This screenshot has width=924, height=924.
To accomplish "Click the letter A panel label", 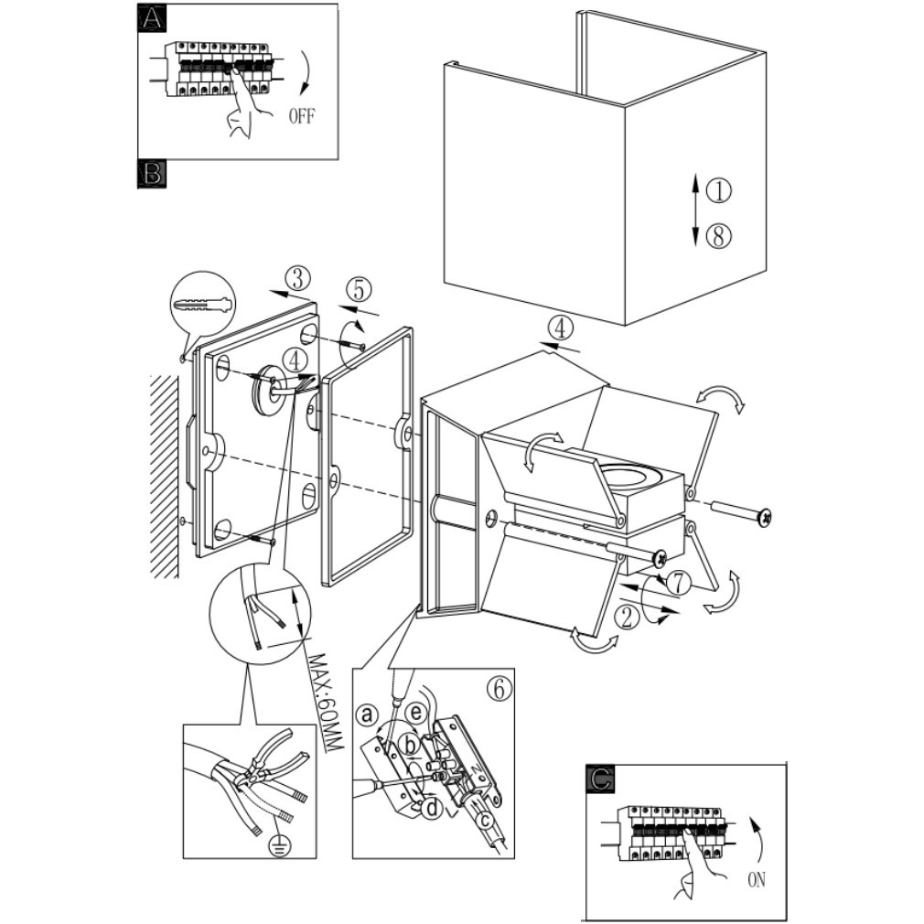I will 151,17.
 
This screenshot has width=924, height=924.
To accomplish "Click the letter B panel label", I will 151,173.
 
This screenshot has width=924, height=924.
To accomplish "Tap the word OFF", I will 302,116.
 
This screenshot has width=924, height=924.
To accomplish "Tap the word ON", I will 756,880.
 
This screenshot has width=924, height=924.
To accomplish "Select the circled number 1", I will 719,190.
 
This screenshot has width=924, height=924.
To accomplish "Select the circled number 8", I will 719,236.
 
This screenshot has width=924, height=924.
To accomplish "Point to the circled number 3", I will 298,277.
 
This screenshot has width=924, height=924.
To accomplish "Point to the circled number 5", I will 358,289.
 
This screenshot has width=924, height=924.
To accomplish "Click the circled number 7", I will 677,582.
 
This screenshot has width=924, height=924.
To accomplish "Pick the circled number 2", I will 627,616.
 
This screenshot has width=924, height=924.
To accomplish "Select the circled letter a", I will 368,713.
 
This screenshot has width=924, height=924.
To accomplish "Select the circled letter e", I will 416,711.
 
